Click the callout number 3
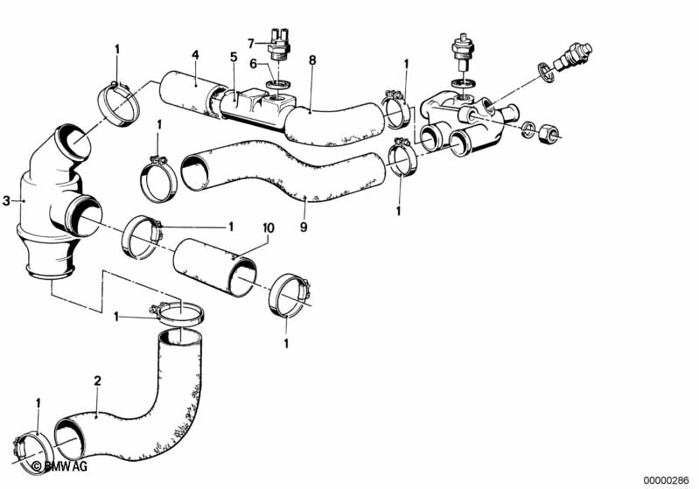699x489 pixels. pos(6,201)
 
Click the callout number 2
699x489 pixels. pos(98,381)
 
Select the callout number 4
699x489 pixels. pos(195,54)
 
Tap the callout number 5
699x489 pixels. pos(233,57)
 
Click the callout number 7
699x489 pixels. pos(250,42)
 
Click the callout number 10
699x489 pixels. pos(269,227)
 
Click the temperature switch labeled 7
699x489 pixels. pos(280,46)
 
